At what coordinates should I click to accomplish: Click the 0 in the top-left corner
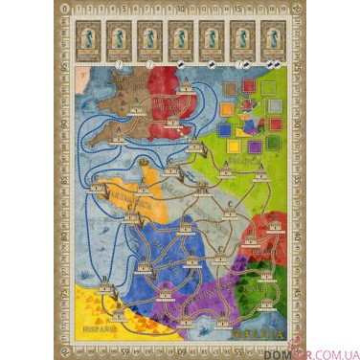coord(66,10)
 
